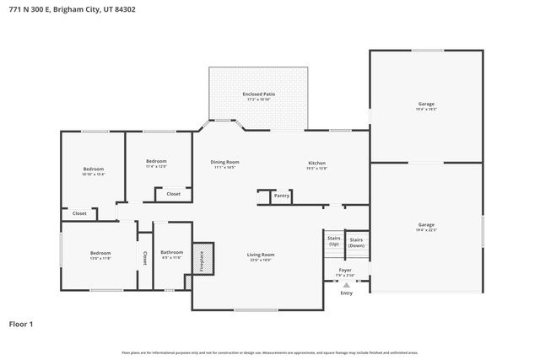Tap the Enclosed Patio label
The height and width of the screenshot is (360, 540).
[258, 94]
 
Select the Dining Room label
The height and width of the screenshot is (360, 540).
[225, 162]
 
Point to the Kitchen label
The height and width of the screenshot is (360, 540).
[316, 163]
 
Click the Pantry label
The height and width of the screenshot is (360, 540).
[281, 196]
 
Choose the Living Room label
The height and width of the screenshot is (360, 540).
[260, 255]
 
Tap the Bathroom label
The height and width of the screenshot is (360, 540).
[172, 252]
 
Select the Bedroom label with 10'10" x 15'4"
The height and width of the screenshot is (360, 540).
[93, 169]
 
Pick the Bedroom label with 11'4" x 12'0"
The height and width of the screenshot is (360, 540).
[156, 161]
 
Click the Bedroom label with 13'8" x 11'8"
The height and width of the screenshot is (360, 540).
[100, 253]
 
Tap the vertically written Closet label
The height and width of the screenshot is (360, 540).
[144, 258]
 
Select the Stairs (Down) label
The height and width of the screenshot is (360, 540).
[357, 242]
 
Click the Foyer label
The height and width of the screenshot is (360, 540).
[345, 271]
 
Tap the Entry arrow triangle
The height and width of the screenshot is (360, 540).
[346, 286]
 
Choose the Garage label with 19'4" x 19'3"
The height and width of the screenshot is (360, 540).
[426, 104]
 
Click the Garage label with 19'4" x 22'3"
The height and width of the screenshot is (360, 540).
[426, 224]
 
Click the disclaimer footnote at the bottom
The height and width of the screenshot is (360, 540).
[269, 352]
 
